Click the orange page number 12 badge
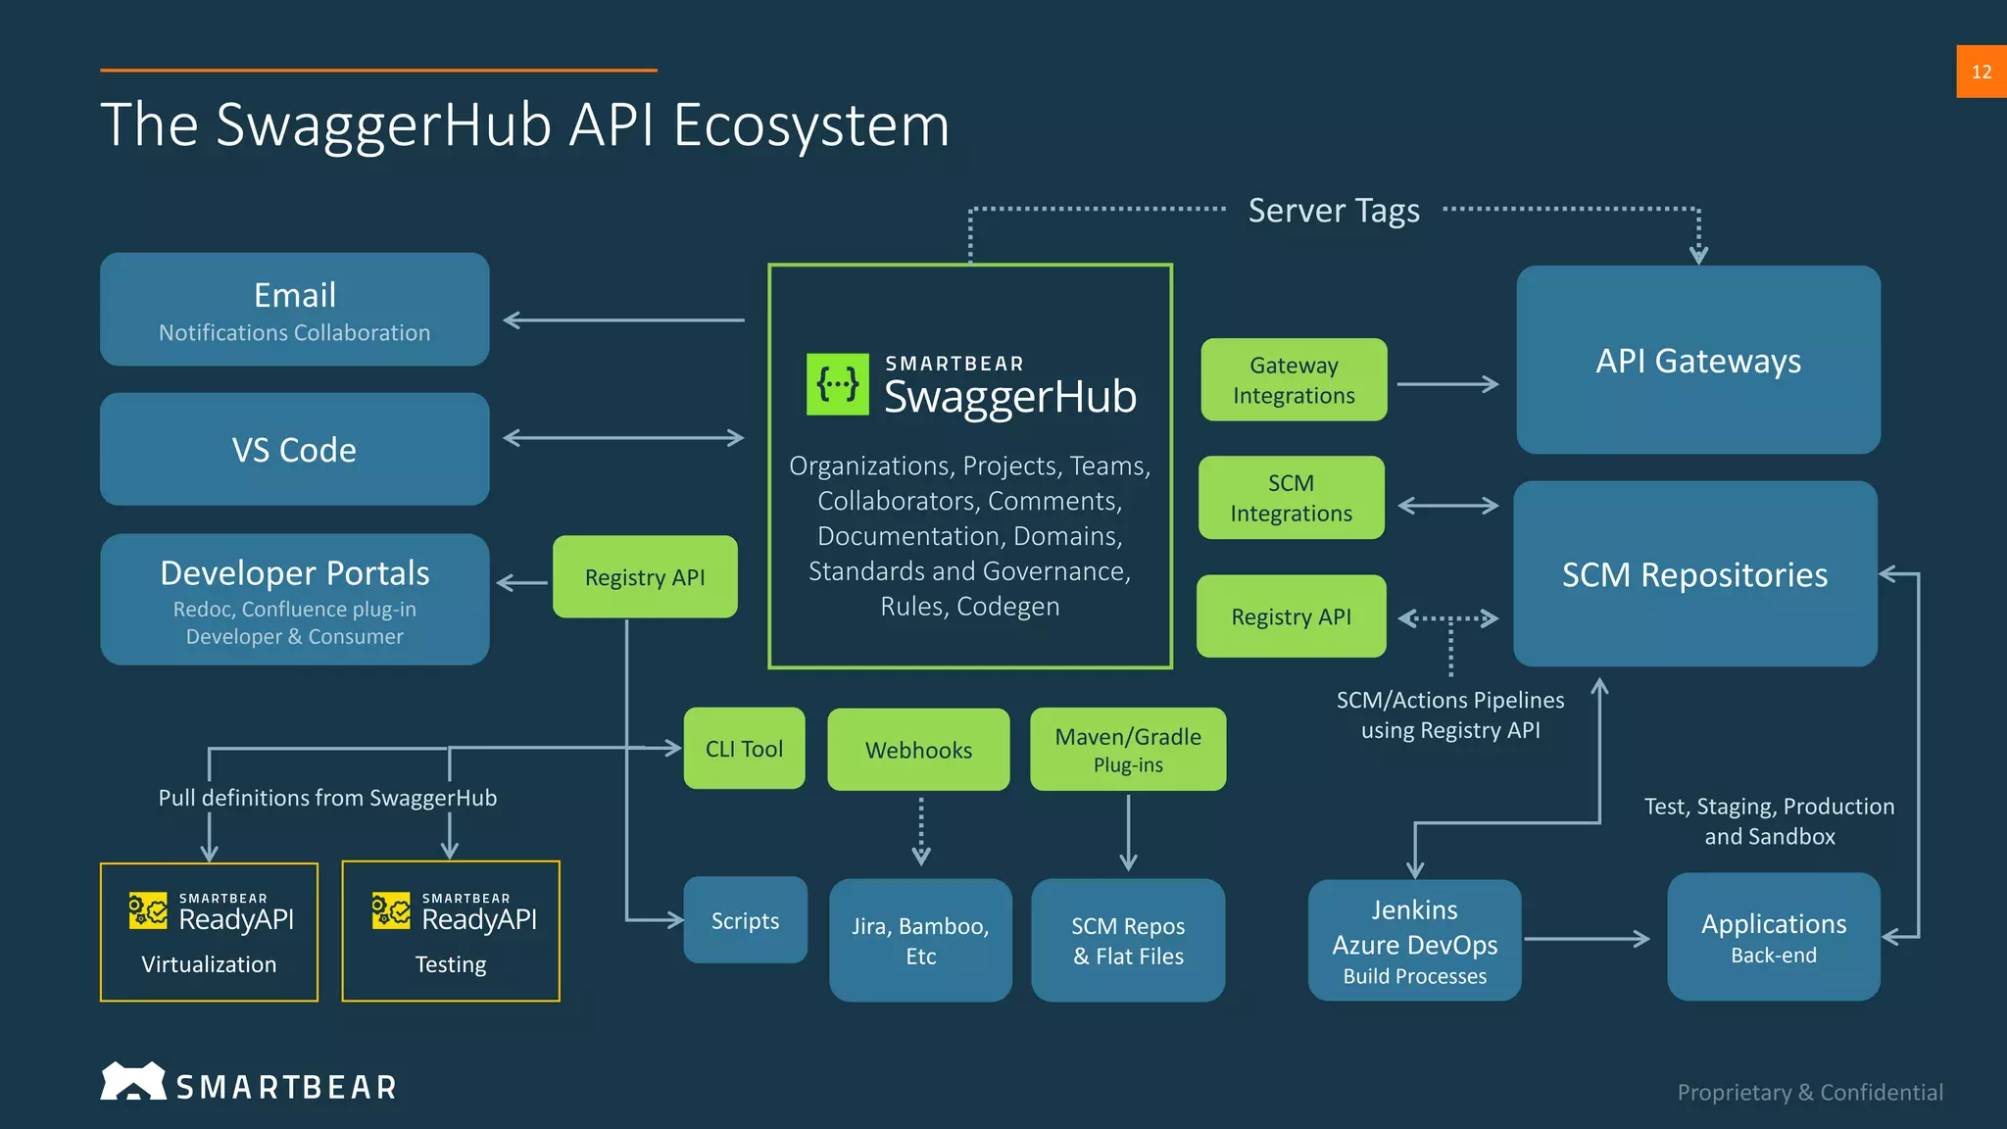tap(1981, 72)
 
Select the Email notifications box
tap(294, 310)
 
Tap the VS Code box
tap(294, 450)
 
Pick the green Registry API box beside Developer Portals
tap(645, 577)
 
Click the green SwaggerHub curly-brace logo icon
tap(837, 384)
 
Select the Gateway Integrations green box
tap(1294, 380)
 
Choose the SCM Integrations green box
tap(1291, 498)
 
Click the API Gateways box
tap(1697, 360)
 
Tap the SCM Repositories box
tap(1694, 574)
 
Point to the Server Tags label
tap(1333, 211)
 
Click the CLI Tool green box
tap(744, 749)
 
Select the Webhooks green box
tap(918, 750)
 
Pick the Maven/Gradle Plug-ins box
tap(1128, 750)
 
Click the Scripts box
tap(745, 920)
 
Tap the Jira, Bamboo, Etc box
tap(920, 940)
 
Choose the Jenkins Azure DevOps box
tap(1414, 941)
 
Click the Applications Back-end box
tap(1773, 937)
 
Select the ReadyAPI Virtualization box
tap(209, 932)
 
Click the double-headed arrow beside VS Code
tap(623, 438)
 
